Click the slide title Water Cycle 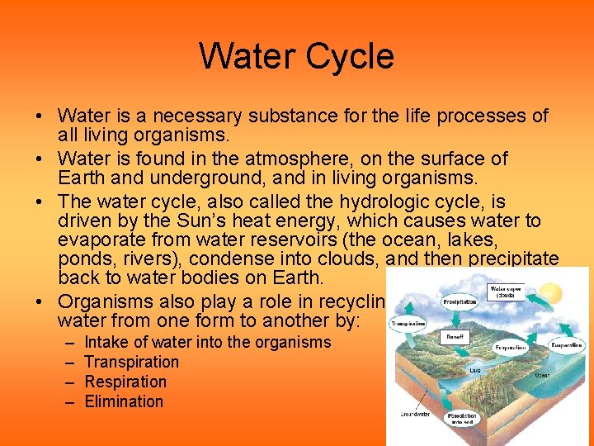tap(296, 56)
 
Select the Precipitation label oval tap(460, 302)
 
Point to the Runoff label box tap(455, 337)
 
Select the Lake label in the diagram tap(475, 371)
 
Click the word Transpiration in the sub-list tap(131, 362)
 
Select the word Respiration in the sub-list tap(125, 382)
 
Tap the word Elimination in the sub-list tap(124, 401)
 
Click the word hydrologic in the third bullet tap(403, 202)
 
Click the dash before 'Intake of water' tap(67, 342)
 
